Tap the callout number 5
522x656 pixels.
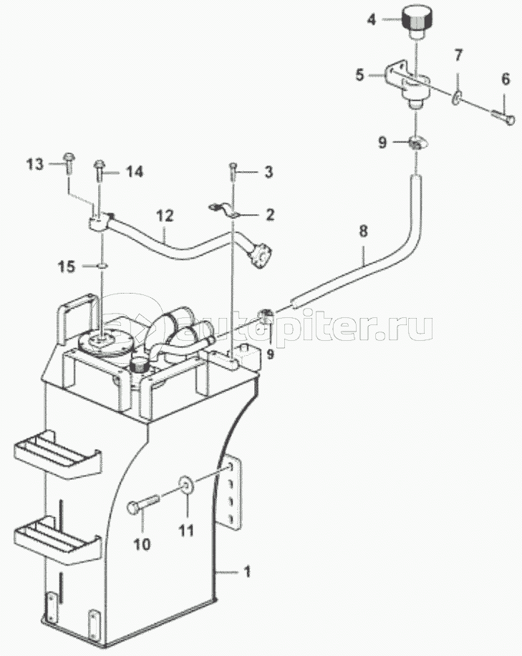[x=359, y=75]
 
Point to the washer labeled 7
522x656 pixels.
[x=457, y=98]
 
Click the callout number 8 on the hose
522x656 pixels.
[x=363, y=231]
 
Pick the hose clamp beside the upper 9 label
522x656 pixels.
[x=417, y=143]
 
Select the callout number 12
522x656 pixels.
[x=165, y=216]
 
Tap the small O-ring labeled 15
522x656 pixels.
[x=102, y=265]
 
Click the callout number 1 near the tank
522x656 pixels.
[x=247, y=571]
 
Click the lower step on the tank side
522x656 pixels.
[x=58, y=540]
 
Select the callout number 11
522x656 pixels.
[x=187, y=531]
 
